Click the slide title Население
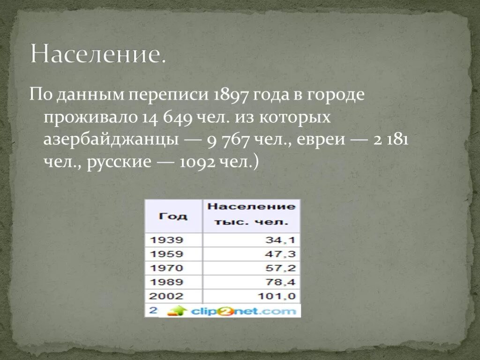98,55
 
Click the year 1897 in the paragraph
230,96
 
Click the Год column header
173,216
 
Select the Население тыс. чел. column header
251,214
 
